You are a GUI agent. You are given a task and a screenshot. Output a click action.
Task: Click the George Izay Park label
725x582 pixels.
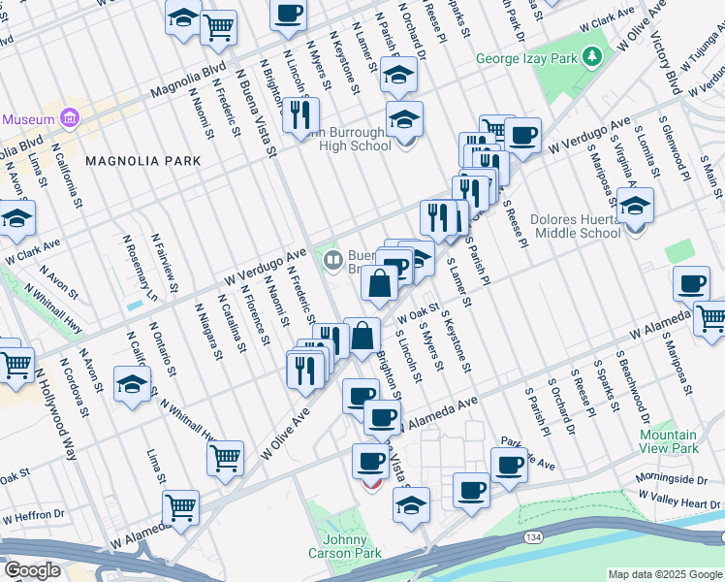[525, 59]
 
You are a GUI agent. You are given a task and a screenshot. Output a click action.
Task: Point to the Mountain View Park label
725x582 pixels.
[669, 442]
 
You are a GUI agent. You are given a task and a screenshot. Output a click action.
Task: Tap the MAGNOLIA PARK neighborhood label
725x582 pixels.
[142, 161]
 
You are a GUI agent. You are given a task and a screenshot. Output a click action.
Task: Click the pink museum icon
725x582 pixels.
[68, 118]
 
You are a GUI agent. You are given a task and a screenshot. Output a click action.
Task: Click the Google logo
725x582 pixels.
[32, 570]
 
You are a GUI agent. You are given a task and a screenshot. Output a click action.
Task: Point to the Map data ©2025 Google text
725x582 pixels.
[665, 574]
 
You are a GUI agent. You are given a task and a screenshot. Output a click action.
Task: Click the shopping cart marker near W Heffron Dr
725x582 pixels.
[180, 505]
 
